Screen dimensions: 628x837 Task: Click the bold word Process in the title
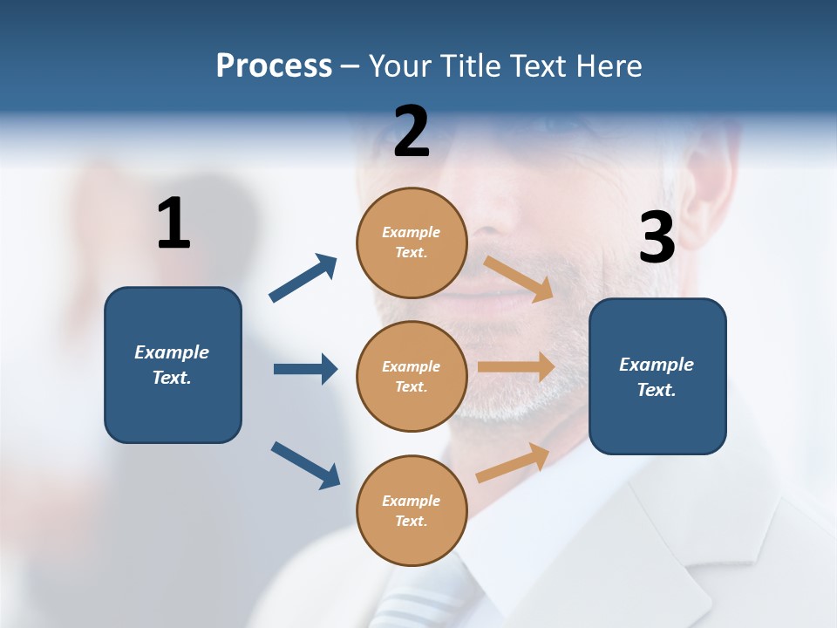pos(274,66)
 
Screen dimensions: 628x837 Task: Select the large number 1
pos(174,223)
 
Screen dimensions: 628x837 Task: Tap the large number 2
pos(412,132)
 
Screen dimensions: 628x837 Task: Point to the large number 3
pos(657,238)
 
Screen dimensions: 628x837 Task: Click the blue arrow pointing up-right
pos(303,277)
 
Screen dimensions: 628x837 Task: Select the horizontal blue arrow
pos(305,369)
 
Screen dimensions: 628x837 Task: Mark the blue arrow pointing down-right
pos(305,464)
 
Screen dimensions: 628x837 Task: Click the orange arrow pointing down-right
pos(518,278)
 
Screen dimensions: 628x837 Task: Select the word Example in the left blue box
pos(172,352)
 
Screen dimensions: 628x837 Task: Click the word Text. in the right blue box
pos(657,390)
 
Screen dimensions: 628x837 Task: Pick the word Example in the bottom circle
pos(412,501)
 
